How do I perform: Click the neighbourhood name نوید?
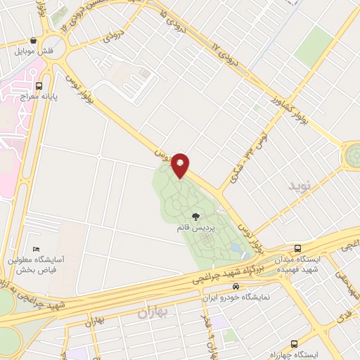(299, 186)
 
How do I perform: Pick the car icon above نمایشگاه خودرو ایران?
(236, 286)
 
